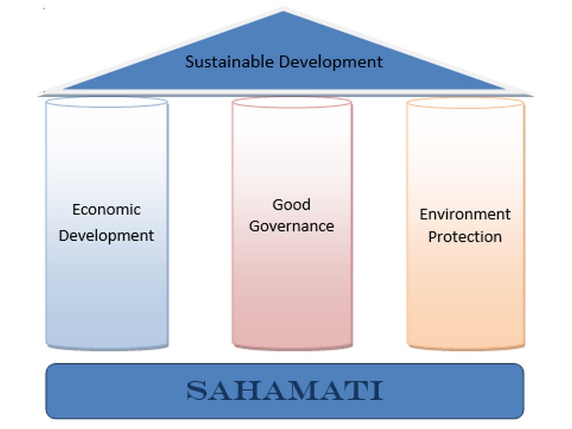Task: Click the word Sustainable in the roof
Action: (x=229, y=61)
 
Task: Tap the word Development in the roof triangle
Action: (x=331, y=62)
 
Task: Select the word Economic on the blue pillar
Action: (x=106, y=210)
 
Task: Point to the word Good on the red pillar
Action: (x=292, y=205)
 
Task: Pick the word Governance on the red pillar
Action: (x=292, y=226)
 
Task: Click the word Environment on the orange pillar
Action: (x=465, y=214)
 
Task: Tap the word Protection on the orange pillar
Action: (x=465, y=237)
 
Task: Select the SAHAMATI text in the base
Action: (x=285, y=391)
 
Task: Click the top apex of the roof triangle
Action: (x=283, y=11)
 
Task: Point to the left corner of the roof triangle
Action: (x=64, y=89)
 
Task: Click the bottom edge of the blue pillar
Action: (x=106, y=349)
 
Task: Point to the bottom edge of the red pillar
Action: (x=292, y=349)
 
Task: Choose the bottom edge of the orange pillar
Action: (x=466, y=349)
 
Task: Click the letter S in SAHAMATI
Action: (x=197, y=391)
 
